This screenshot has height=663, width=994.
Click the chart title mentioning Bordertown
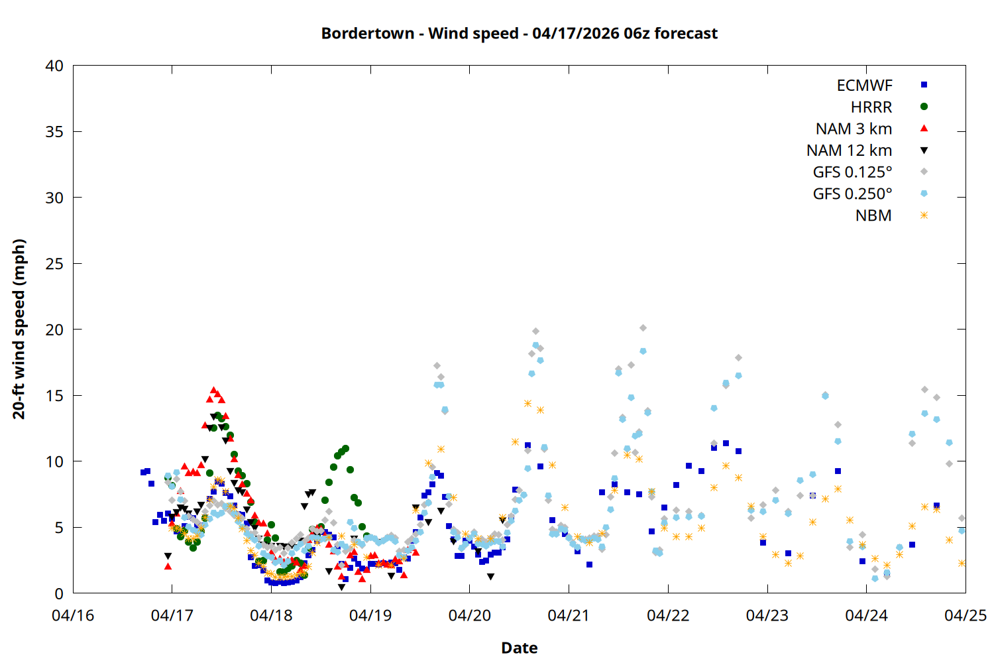point(519,33)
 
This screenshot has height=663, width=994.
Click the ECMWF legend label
point(864,86)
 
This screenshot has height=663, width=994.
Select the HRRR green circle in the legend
point(924,107)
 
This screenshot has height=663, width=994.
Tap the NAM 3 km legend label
point(854,129)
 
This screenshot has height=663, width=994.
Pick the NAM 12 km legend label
point(849,151)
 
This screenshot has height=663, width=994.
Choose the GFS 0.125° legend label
point(852,172)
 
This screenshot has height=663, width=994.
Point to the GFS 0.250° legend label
point(852,194)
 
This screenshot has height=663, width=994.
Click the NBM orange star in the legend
point(924,215)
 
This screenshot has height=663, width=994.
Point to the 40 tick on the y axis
point(55,66)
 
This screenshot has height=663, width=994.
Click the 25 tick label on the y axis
point(55,264)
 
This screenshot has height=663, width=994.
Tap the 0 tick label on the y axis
point(60,593)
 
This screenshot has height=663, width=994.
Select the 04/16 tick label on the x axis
point(73,615)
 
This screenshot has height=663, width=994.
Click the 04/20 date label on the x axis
point(470,615)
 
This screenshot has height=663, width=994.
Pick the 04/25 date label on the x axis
point(965,615)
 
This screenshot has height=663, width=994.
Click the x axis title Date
point(519,648)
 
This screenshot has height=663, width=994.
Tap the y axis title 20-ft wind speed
point(19,329)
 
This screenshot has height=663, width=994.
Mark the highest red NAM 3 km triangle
point(213,391)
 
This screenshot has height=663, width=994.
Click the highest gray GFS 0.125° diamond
point(643,328)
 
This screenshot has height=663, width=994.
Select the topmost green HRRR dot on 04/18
point(345,449)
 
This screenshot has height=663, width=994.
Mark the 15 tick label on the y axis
point(55,396)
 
